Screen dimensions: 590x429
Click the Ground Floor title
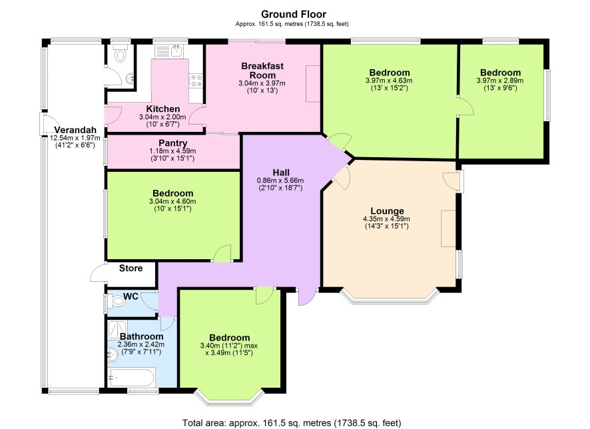click(294, 14)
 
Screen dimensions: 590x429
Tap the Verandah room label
click(75, 130)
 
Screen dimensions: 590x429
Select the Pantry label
click(172, 143)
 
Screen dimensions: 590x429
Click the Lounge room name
click(387, 211)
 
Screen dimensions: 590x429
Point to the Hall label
click(281, 173)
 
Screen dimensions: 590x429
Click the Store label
click(131, 268)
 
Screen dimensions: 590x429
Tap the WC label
click(131, 296)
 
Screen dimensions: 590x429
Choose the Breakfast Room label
click(262, 71)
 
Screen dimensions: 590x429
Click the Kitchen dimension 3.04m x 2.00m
click(162, 117)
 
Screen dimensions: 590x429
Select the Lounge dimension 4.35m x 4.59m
click(386, 219)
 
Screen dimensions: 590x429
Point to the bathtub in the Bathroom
click(132, 378)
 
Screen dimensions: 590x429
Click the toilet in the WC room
click(117, 301)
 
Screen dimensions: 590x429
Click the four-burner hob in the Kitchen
click(196, 81)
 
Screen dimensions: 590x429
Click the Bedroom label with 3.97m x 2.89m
click(501, 72)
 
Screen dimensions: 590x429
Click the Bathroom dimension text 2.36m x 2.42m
click(141, 344)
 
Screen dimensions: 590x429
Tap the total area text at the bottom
click(292, 422)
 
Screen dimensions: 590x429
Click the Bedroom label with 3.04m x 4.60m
click(172, 193)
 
